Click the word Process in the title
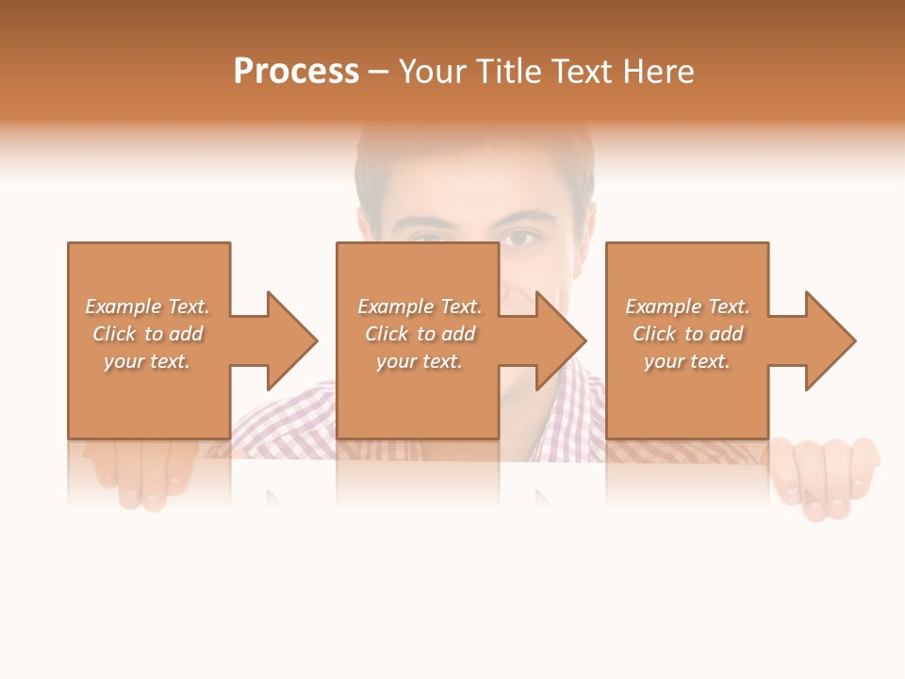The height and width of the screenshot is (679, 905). [296, 72]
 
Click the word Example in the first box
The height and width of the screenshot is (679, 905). [123, 306]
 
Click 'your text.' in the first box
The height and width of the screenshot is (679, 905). [147, 361]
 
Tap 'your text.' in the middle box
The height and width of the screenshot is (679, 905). [420, 361]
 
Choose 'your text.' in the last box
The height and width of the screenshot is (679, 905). [687, 361]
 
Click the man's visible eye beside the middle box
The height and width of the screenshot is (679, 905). [519, 239]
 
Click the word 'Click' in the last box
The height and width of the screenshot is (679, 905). [654, 334]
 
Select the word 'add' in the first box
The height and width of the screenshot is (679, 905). [187, 334]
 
